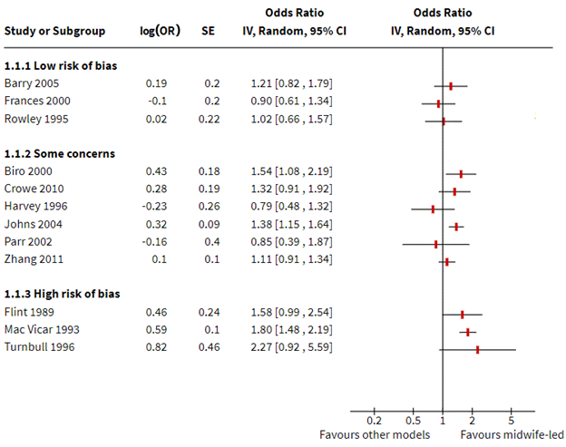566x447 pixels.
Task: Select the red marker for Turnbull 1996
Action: pos(477,348)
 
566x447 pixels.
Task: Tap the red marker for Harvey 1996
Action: pos(433,209)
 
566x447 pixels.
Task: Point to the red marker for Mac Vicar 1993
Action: pos(468,332)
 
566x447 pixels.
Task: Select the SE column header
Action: pos(208,30)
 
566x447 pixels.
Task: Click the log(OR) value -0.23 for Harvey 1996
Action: pos(155,209)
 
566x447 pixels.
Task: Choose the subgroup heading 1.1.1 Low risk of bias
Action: pos(61,66)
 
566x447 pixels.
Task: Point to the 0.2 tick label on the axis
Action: pos(374,421)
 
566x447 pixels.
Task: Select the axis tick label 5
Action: pos(512,421)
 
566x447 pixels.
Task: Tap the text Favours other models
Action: pos(375,435)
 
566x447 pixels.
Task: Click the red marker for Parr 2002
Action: pos(435,243)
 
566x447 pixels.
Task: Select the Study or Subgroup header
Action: pos(55,30)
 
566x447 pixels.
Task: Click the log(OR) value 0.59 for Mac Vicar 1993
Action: pos(157,332)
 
